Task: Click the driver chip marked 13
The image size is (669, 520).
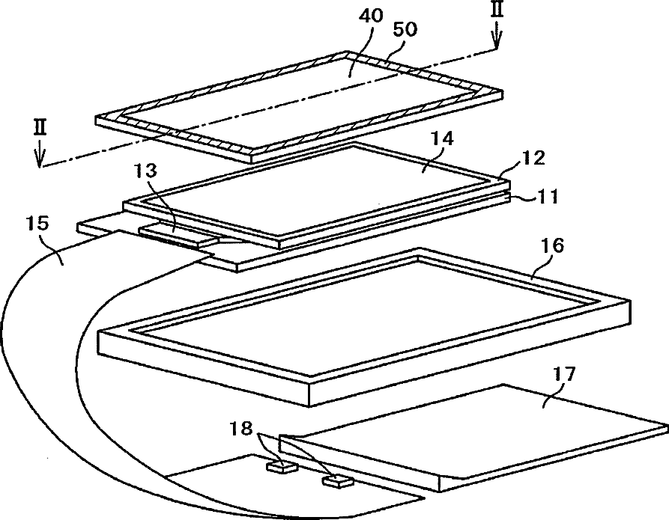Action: [177, 236]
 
